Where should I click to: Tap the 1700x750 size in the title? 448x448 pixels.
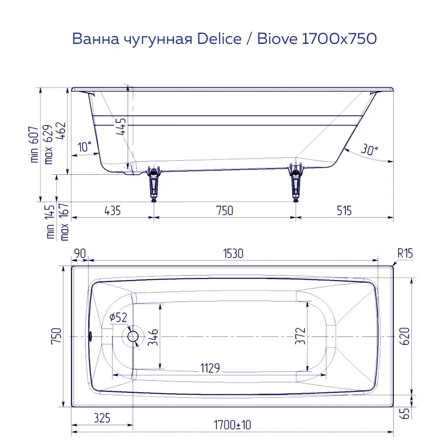pyautogui.click(x=339, y=39)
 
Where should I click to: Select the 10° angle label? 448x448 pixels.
pyautogui.click(x=84, y=146)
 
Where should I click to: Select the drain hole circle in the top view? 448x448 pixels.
pyautogui.click(x=133, y=336)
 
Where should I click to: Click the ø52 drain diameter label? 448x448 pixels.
pyautogui.click(x=118, y=318)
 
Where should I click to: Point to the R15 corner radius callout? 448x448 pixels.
pyautogui.click(x=405, y=254)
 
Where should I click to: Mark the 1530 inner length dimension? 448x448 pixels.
pyautogui.click(x=233, y=254)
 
